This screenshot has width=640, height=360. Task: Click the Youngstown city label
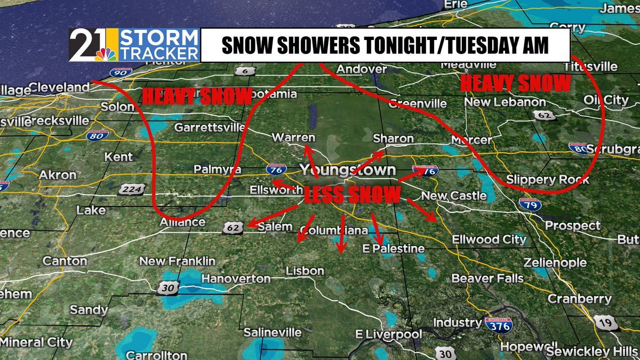coord(347,170)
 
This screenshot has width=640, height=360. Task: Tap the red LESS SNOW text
coord(351,195)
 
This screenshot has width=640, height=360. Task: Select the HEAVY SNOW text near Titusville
coord(515,84)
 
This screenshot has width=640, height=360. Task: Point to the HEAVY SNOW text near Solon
coord(197,97)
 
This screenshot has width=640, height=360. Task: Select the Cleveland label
coord(59,87)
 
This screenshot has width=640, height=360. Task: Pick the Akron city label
coord(58,175)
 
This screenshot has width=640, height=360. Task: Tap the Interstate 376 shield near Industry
coord(499,324)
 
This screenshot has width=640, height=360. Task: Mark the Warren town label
coord(293,138)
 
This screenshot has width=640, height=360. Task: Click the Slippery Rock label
coord(548,180)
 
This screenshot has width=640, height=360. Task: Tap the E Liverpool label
coord(389,334)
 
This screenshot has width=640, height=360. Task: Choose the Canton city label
coord(65,261)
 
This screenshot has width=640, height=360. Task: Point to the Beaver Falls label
coord(487,278)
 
